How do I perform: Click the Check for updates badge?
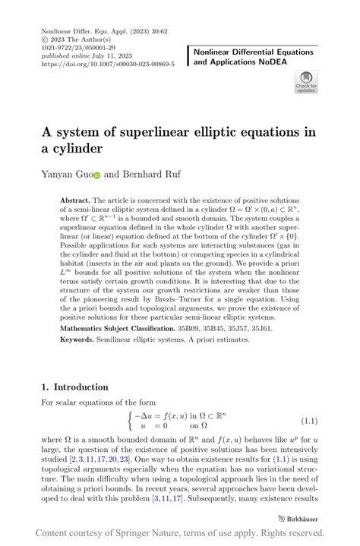[x=306, y=81]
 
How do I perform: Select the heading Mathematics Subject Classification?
[x=117, y=328]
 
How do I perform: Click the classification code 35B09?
[x=190, y=328]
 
